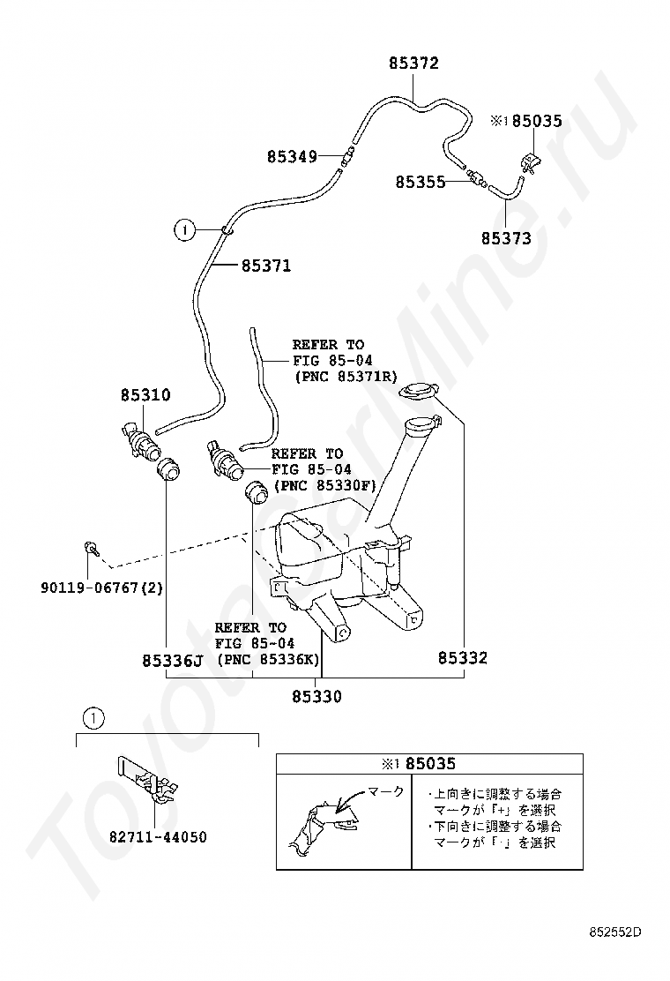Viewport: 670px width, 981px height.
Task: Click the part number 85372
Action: [x=413, y=64]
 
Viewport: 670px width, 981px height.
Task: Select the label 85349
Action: [x=292, y=157]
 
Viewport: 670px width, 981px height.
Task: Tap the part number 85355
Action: [x=420, y=182]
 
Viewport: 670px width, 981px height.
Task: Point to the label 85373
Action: [x=506, y=238]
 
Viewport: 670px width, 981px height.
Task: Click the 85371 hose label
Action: [x=265, y=266]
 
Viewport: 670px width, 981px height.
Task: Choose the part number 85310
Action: [x=145, y=396]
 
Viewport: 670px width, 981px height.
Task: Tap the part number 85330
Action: [x=316, y=696]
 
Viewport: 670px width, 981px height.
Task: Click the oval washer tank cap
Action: [x=417, y=391]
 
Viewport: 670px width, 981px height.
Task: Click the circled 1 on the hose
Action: [x=183, y=231]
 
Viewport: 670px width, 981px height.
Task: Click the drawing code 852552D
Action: [x=615, y=932]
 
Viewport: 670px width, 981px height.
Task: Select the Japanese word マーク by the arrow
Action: [x=386, y=791]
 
